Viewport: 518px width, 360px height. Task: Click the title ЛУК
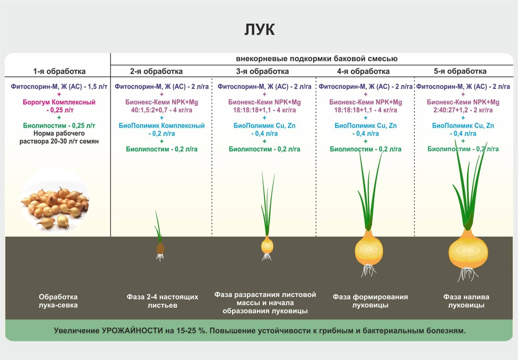click(259, 30)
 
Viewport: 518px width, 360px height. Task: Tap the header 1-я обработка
click(59, 71)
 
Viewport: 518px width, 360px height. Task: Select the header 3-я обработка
click(263, 71)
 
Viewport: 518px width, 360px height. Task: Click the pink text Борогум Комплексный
click(59, 102)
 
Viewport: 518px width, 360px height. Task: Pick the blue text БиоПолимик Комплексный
click(162, 126)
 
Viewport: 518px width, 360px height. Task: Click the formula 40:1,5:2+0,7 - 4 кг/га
click(162, 110)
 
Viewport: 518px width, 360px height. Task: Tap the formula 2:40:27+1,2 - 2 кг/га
click(463, 110)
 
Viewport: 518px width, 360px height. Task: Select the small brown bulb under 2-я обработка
click(160, 248)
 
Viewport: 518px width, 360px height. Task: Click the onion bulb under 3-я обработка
click(267, 245)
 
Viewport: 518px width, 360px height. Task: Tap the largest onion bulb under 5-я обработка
click(468, 250)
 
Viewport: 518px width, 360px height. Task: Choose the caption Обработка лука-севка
click(58, 301)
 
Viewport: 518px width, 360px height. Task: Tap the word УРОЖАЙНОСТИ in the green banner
click(131, 331)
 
